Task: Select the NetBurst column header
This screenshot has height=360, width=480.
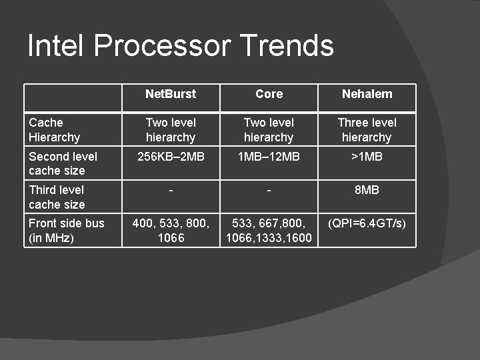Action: pos(171,94)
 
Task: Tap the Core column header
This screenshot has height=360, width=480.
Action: pos(269,94)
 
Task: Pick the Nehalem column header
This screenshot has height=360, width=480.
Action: pos(367,94)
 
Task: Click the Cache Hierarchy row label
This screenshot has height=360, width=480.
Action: pos(55,130)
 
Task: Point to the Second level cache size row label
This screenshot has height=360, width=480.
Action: pos(63,163)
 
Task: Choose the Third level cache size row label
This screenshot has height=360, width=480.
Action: pos(57,197)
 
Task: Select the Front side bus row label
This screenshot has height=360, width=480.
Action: pos(66,231)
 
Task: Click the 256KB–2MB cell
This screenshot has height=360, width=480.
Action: pos(171,157)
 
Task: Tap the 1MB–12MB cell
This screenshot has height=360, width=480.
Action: pos(269,157)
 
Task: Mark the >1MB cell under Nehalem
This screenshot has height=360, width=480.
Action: pos(367,157)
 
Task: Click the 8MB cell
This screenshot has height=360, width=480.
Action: pos(367,190)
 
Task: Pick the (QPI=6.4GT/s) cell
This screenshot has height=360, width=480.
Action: pos(367,223)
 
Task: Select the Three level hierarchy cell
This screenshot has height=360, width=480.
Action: pos(367,130)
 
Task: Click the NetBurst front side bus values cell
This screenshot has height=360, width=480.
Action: pos(171,231)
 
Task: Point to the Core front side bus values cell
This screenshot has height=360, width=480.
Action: pos(269,231)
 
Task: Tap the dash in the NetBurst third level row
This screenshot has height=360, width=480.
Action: pos(171,191)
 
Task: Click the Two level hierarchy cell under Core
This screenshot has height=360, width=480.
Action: pos(269,130)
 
